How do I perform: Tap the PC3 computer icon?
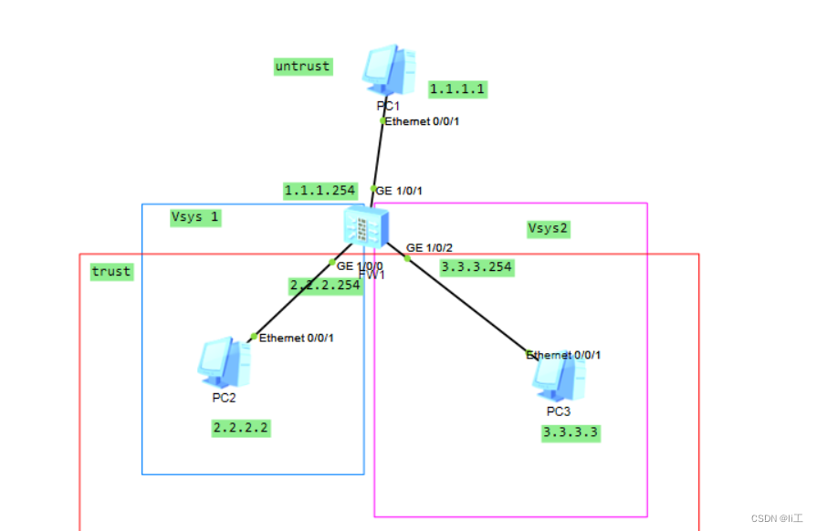point(559,378)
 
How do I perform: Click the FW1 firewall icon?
point(366,225)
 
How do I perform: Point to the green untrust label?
point(302,67)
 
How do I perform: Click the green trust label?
point(111,271)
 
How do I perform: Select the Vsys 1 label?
point(194,217)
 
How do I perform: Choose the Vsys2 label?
point(549,228)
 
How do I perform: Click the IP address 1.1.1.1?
point(457,88)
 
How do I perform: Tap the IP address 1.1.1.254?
point(319,191)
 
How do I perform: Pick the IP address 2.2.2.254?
point(325,286)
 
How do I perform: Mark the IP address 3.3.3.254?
point(477,267)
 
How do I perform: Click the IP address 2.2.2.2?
point(241,427)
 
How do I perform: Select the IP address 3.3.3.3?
point(571,432)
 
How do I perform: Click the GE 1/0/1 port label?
point(399,191)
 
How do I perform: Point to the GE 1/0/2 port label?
point(430,248)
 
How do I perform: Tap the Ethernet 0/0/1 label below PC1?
point(422,121)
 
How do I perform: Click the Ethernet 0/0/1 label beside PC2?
point(297,338)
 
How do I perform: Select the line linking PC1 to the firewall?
point(378,155)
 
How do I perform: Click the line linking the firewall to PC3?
point(466,305)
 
